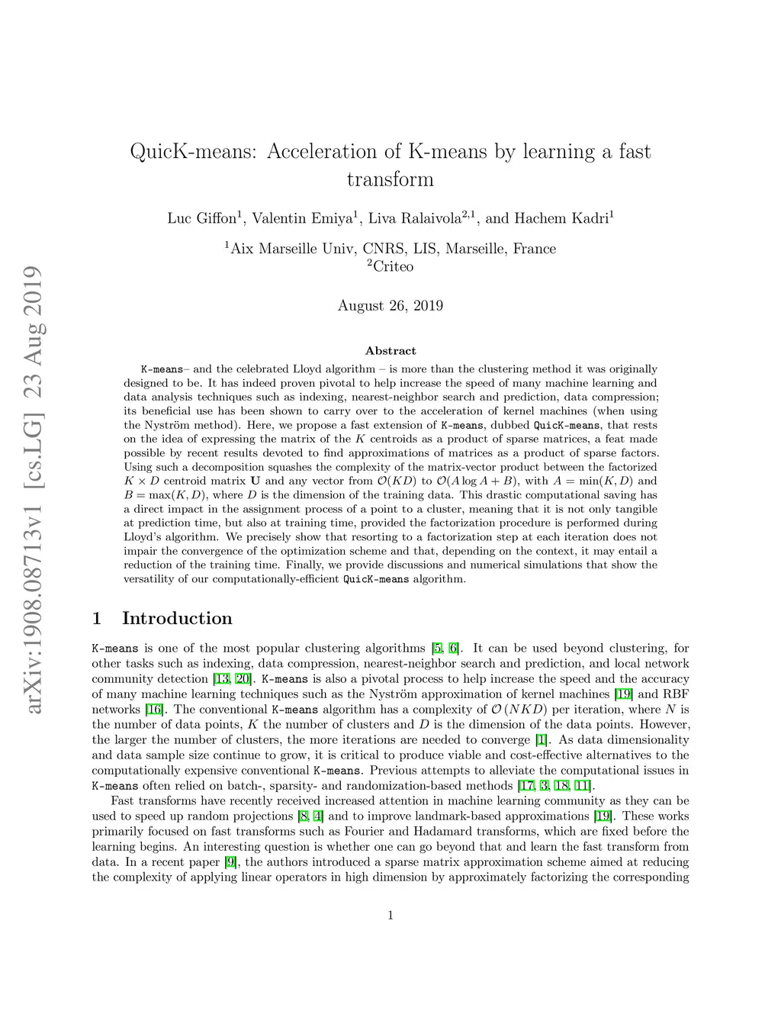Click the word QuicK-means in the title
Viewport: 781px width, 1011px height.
point(194,152)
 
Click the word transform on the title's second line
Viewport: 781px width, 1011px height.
point(390,180)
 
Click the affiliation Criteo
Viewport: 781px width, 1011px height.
point(393,267)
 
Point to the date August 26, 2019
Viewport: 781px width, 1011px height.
point(390,306)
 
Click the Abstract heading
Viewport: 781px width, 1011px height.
point(390,351)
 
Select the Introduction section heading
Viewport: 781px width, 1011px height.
point(177,619)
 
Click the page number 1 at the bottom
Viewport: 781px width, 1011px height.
point(390,916)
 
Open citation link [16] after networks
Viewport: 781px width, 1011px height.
point(155,710)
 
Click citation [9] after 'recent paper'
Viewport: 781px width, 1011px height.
point(230,862)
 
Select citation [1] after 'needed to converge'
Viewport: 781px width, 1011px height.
point(542,740)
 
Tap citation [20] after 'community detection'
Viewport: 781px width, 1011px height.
point(243,679)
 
